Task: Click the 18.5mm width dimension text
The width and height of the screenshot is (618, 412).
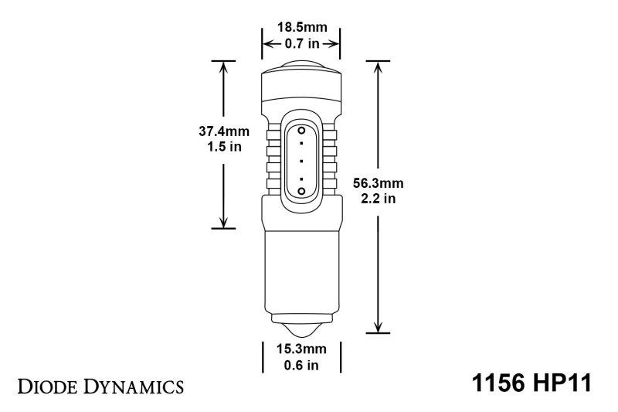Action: pyautogui.click(x=301, y=28)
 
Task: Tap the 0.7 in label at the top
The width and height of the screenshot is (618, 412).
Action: pyautogui.click(x=301, y=44)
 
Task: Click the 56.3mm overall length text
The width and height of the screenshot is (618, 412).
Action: pyautogui.click(x=378, y=183)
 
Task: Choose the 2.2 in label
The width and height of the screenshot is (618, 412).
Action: pyautogui.click(x=378, y=199)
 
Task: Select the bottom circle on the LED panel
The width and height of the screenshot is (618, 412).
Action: pyautogui.click(x=301, y=189)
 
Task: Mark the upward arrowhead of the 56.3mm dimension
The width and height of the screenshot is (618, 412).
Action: pyautogui.click(x=378, y=66)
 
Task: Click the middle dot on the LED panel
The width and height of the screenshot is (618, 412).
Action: pyautogui.click(x=301, y=160)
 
